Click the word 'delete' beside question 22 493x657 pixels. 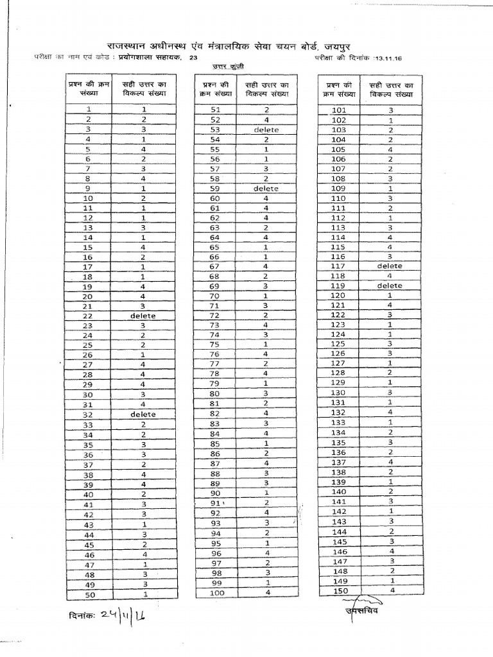click(x=143, y=316)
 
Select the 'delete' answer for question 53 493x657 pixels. click(x=266, y=130)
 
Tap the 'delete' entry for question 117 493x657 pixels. click(x=390, y=266)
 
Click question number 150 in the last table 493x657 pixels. click(x=339, y=590)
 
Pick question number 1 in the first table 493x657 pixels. click(x=88, y=110)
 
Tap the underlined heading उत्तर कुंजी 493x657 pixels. click(x=229, y=67)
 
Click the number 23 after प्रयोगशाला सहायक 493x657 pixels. click(x=193, y=58)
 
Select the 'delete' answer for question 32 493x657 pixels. click(x=143, y=414)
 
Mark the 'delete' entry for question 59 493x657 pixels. click(x=266, y=189)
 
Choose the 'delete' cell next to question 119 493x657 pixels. click(x=390, y=286)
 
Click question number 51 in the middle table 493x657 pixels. click(x=216, y=110)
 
